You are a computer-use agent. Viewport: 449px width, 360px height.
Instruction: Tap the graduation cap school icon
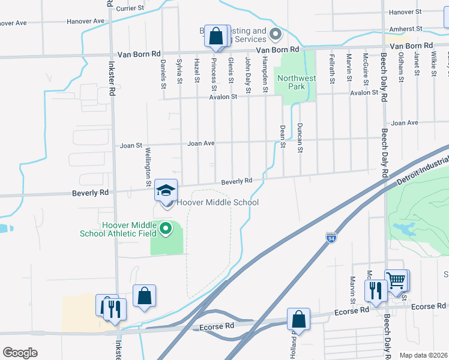coord(166,190)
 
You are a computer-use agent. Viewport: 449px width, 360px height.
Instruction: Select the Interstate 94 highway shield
coord(331,238)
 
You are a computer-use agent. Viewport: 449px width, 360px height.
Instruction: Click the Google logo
coord(20,353)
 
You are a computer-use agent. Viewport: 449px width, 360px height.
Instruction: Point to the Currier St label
coord(131,8)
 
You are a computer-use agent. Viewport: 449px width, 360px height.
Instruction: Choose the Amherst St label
coord(402,29)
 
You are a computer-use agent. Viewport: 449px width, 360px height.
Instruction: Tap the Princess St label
coord(213,71)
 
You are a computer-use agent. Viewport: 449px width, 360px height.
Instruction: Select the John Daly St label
coord(247,76)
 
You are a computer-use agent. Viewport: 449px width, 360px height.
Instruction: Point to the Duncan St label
coord(299,138)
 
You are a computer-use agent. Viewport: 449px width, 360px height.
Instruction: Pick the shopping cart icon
coord(396,280)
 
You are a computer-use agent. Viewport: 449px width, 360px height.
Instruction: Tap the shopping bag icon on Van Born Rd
coord(216,36)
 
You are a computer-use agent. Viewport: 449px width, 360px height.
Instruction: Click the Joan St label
coord(131,145)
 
